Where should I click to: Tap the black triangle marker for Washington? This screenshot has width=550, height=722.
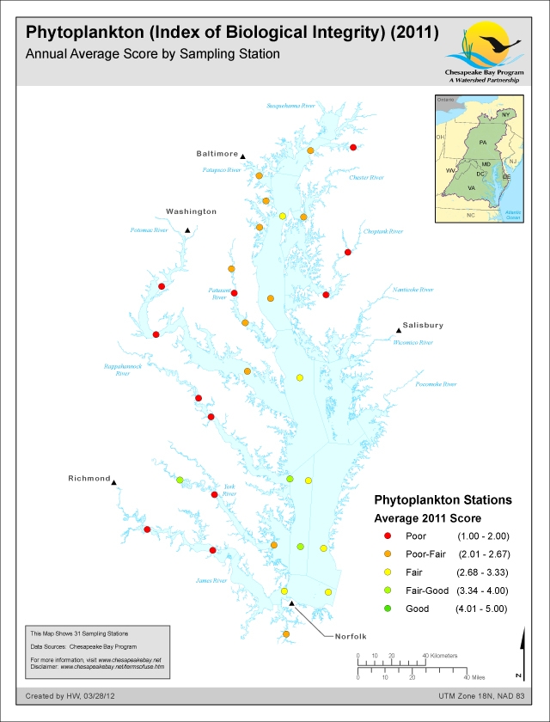tap(187, 230)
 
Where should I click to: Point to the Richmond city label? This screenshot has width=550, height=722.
tap(89, 478)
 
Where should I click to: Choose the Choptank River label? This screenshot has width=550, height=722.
tap(383, 231)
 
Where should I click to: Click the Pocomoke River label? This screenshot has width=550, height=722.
tap(438, 384)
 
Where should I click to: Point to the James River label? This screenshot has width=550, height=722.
tap(211, 581)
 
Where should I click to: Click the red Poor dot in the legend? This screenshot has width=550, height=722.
tap(387, 535)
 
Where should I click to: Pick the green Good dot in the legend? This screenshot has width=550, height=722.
tap(387, 608)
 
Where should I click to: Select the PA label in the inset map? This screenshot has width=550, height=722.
tap(483, 141)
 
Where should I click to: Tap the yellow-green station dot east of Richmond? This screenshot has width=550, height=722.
tap(180, 480)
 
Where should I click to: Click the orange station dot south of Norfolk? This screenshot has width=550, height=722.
tap(285, 634)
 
